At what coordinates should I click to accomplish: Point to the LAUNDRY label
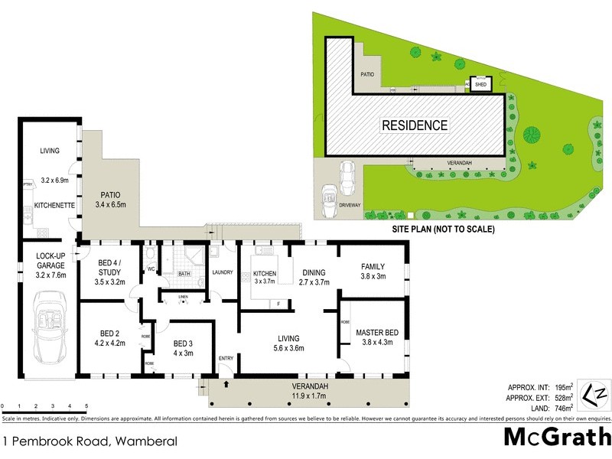222,272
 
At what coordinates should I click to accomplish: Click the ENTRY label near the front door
225,358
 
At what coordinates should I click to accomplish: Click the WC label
151,269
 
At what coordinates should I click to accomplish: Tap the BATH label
184,273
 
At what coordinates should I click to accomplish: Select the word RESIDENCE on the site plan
415,125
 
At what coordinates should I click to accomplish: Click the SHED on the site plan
480,85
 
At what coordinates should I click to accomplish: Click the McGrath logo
555,438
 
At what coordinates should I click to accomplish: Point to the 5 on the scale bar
86,405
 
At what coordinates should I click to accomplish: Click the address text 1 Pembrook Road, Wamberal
90,441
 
